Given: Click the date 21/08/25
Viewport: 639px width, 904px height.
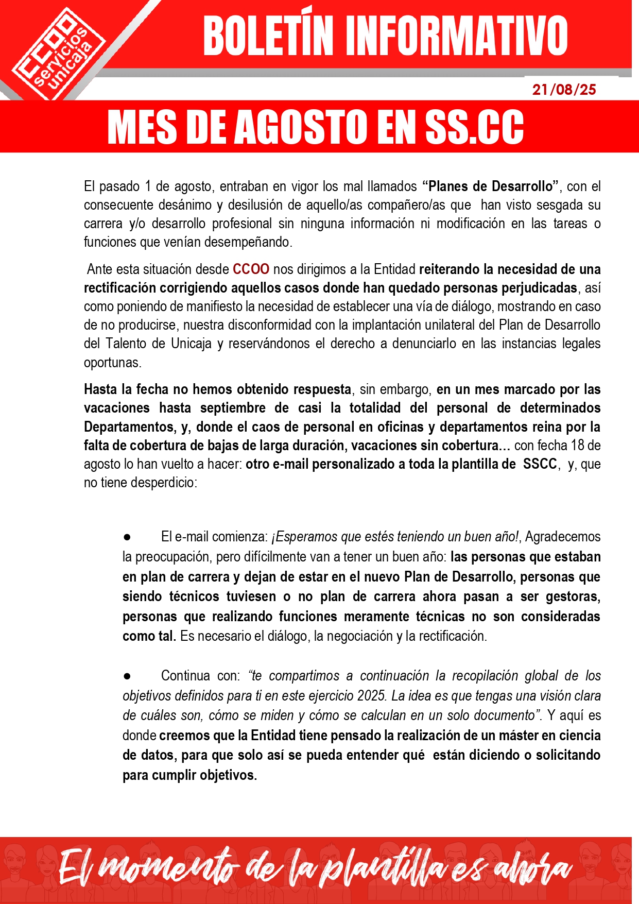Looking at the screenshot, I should tap(564, 90).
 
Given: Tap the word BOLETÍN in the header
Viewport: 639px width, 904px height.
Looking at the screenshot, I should tap(268, 36).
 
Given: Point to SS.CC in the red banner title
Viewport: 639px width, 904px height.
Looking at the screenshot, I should tap(474, 127).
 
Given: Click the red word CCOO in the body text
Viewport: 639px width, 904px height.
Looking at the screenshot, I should tap(251, 269).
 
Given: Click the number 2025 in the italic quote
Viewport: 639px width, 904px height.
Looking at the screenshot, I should tap(371, 696).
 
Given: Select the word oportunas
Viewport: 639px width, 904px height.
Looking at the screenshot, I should tap(112, 363).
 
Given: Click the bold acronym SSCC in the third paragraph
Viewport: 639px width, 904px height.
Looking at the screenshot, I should tap(540, 464).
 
